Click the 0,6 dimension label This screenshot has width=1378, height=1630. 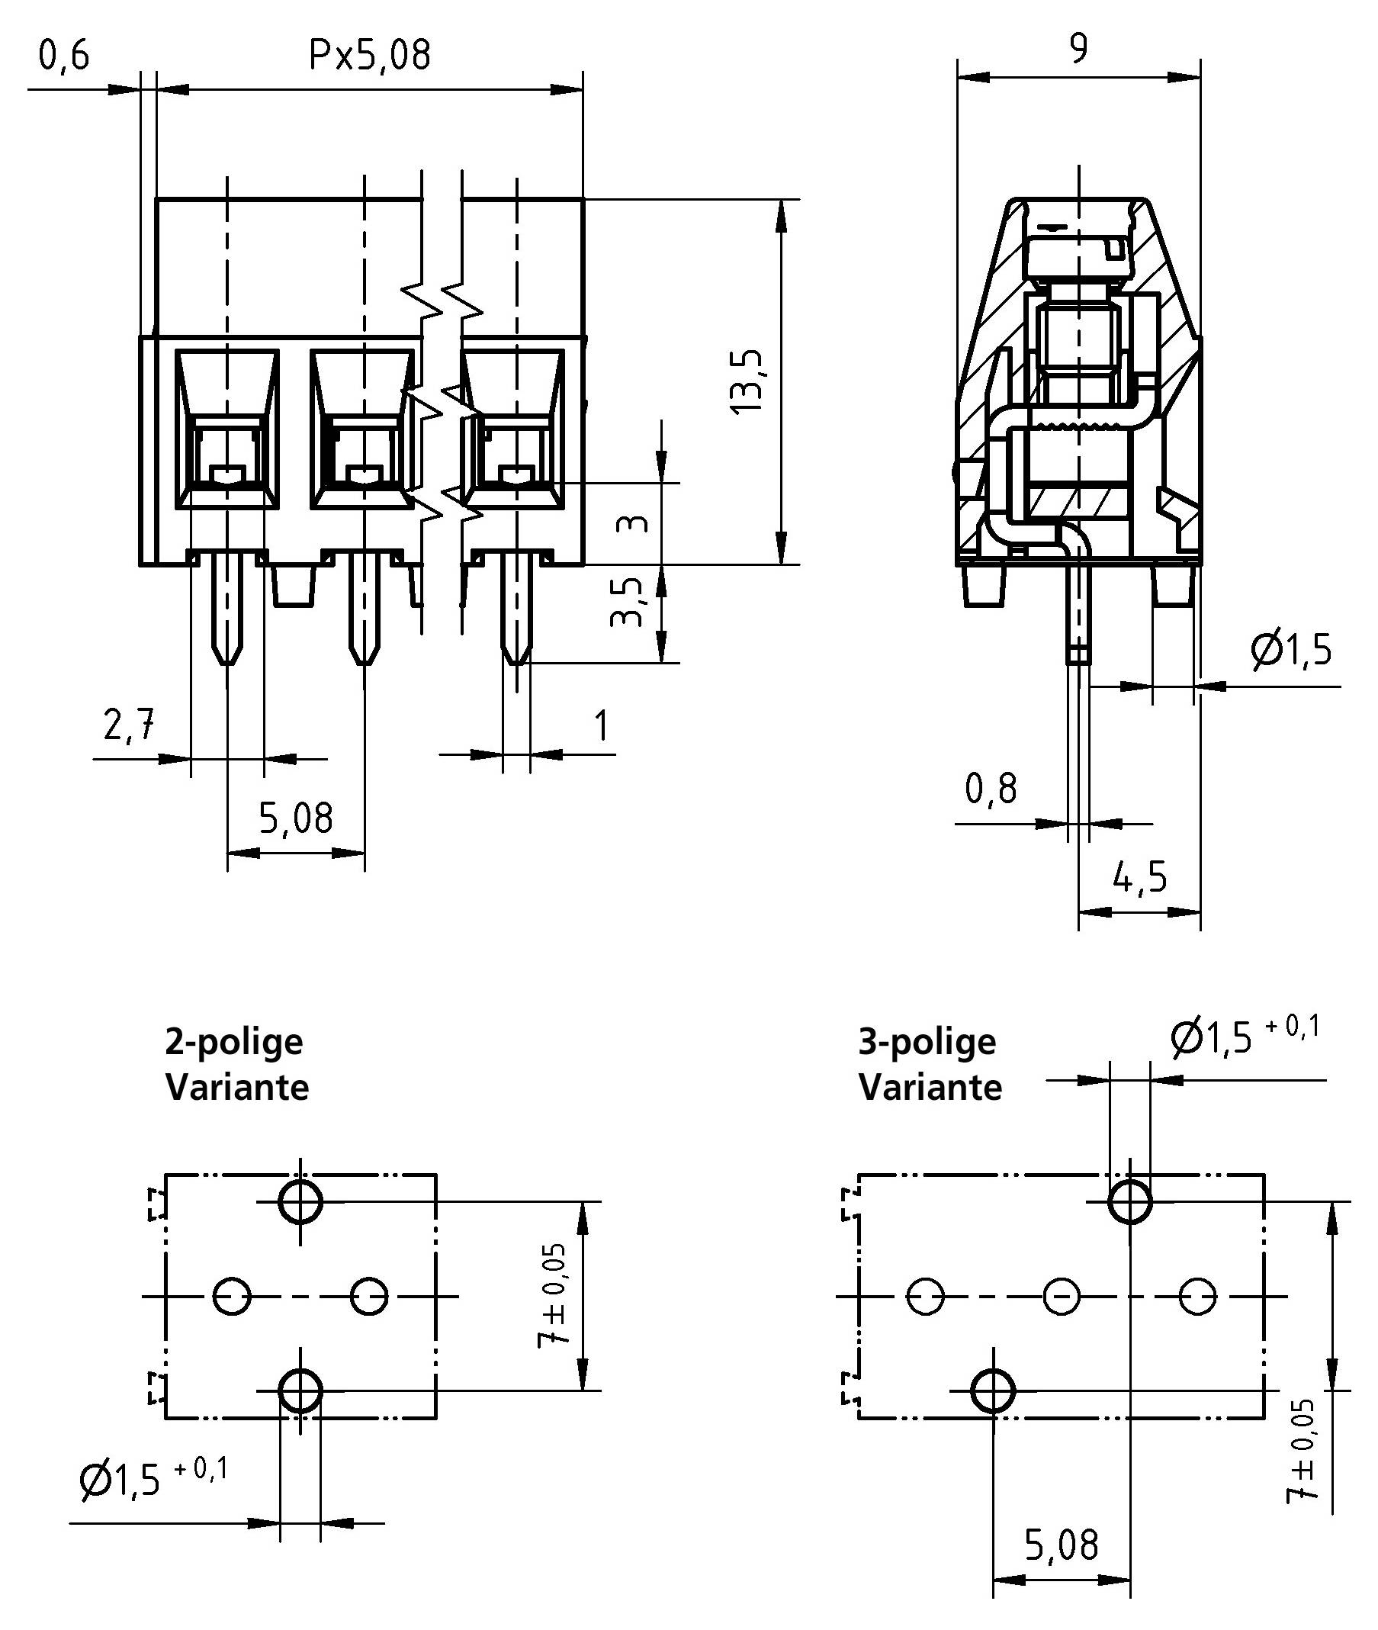pos(64,57)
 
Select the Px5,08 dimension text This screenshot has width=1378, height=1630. pos(370,56)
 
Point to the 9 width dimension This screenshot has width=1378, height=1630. pos(1078,50)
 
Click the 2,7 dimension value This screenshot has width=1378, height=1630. pos(130,726)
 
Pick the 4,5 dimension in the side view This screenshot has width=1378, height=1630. pos(1140,877)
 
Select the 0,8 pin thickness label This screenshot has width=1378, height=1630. pos(991,789)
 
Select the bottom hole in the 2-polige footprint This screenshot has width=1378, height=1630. pos(300,1390)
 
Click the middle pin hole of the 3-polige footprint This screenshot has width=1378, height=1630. pos(1062,1297)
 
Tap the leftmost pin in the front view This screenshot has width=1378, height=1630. pos(227,609)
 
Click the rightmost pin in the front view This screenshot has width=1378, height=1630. pos(516,609)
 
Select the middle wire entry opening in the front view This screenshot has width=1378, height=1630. pos(361,429)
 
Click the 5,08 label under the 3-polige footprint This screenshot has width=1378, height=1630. pos(1061,1545)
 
